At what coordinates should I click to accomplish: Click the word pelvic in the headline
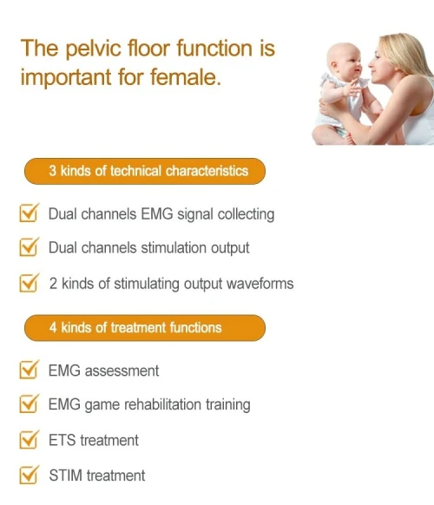pyautogui.click(x=94, y=49)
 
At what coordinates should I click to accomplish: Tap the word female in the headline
pyautogui.click(x=186, y=77)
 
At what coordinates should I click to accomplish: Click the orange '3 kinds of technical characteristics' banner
pyautogui.click(x=145, y=171)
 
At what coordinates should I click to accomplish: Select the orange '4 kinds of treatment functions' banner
pyautogui.click(x=145, y=328)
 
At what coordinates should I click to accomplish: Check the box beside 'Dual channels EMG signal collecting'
pyautogui.click(x=29, y=213)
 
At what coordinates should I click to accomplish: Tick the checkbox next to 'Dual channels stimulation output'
pyautogui.click(x=29, y=247)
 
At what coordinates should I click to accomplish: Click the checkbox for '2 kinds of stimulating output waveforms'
pyautogui.click(x=29, y=283)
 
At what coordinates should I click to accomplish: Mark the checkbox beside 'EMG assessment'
pyautogui.click(x=29, y=370)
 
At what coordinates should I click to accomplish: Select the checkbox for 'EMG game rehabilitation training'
pyautogui.click(x=29, y=403)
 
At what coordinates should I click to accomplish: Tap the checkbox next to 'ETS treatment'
pyautogui.click(x=29, y=439)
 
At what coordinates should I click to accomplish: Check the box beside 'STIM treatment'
pyautogui.click(x=29, y=475)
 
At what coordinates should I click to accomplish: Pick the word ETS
pyautogui.click(x=62, y=440)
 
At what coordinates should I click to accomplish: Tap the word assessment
pyautogui.click(x=122, y=371)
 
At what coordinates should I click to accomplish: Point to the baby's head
pyautogui.click(x=344, y=62)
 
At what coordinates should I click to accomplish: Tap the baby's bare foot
pyautogui.click(x=349, y=139)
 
